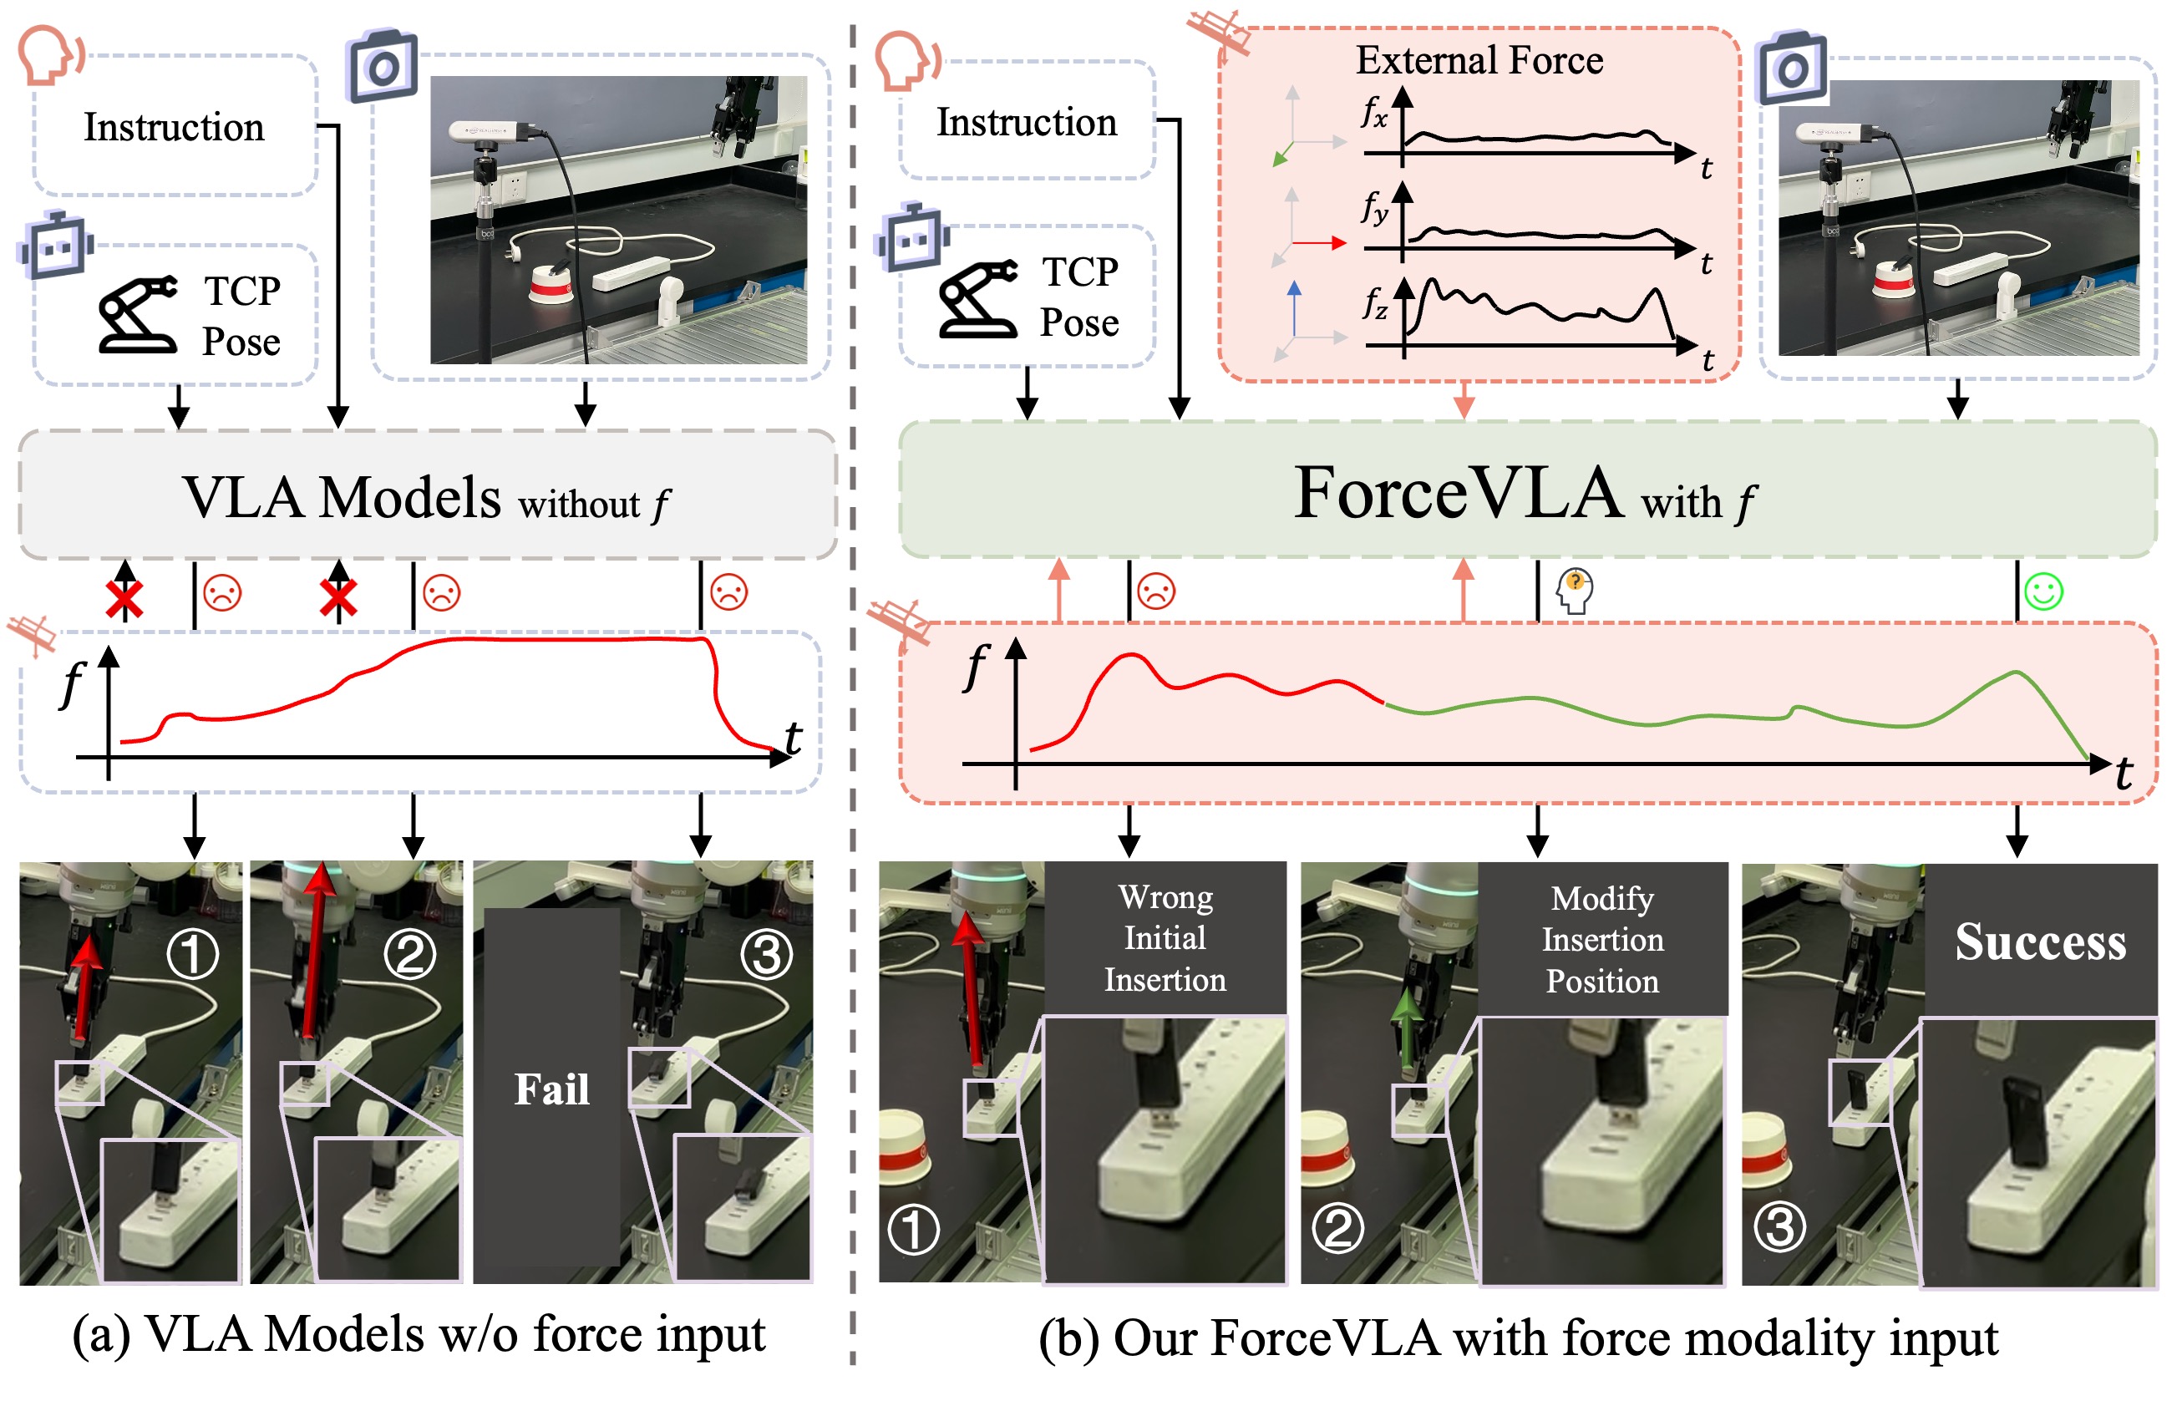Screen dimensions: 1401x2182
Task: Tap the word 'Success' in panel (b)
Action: [2040, 942]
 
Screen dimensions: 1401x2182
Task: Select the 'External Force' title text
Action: [1479, 60]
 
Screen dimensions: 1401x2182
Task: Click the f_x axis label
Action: [1373, 113]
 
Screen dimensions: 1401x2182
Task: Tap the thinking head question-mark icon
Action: [1575, 591]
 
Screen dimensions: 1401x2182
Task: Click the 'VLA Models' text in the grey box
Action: [342, 498]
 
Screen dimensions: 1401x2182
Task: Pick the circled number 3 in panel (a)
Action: [767, 954]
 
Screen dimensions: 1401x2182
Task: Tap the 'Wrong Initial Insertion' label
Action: [1165, 938]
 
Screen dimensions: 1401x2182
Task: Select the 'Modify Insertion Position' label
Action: [1602, 940]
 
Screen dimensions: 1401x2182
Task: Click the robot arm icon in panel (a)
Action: [138, 314]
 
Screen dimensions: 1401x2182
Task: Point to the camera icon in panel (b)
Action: [1791, 69]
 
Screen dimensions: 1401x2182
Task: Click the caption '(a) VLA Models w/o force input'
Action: [419, 1336]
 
